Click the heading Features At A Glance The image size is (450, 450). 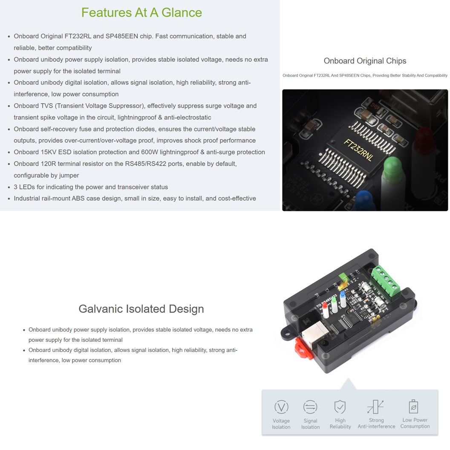(141, 12)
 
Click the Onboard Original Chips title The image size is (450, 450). (365, 61)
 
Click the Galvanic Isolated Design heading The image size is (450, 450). (141, 309)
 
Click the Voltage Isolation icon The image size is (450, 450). (281, 407)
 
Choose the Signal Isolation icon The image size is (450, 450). (310, 407)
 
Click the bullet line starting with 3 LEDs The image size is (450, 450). (91, 187)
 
